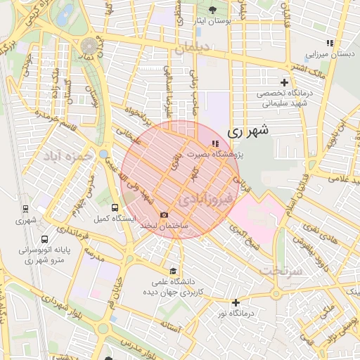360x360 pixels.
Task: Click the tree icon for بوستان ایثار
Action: click(213, 10)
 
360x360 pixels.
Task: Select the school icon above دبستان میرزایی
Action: click(330, 43)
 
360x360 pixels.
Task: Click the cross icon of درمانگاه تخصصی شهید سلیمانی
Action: click(285, 83)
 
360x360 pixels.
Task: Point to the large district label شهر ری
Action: click(249, 131)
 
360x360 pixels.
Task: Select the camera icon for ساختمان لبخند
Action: click(164, 215)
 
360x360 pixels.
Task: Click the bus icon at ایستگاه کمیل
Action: click(115, 207)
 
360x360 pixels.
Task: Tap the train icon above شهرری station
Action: click(26, 209)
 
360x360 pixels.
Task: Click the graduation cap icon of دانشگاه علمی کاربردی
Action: click(173, 271)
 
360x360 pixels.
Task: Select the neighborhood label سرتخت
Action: click(282, 271)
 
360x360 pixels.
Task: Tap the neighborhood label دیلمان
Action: click(193, 49)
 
